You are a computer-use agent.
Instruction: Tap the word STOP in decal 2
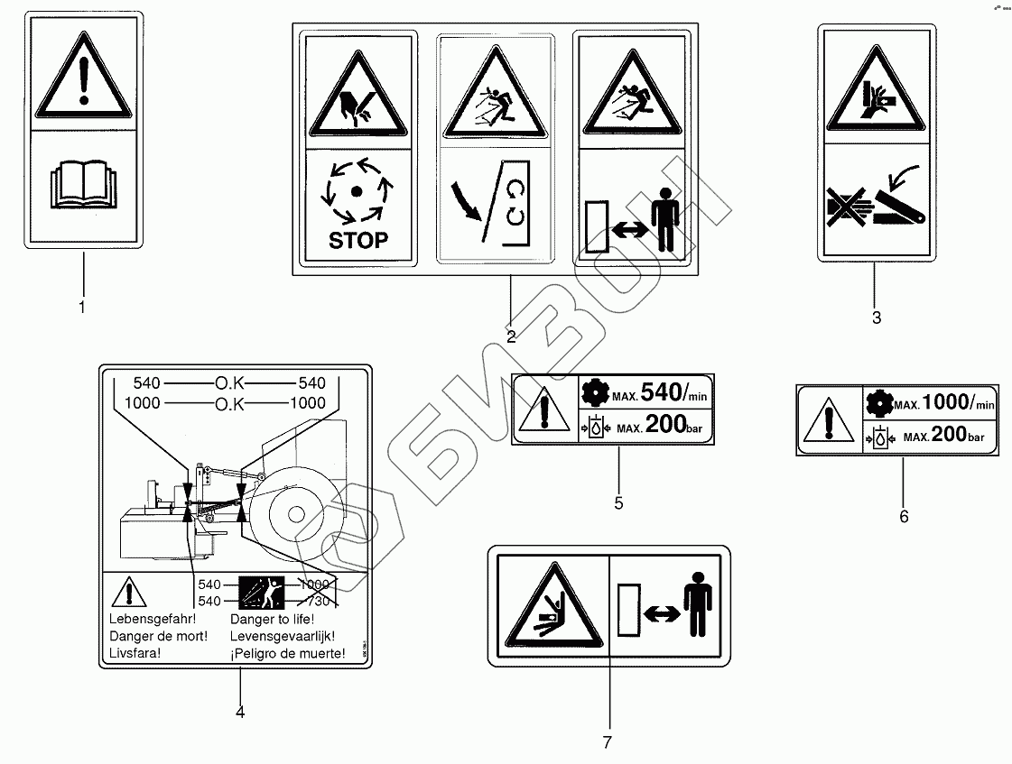coord(357,240)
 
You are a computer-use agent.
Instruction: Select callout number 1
coord(82,308)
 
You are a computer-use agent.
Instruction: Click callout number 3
coord(876,318)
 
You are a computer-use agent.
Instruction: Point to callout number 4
coord(240,712)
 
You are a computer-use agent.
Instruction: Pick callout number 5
coord(618,503)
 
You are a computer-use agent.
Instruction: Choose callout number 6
coord(904,517)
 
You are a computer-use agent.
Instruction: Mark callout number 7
coord(607,742)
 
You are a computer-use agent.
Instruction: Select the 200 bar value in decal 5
coord(669,425)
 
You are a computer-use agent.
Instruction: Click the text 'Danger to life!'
coord(272,620)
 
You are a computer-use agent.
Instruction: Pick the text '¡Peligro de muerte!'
coord(287,653)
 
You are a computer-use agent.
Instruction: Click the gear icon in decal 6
coord(876,403)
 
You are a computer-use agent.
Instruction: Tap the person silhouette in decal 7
coord(699,612)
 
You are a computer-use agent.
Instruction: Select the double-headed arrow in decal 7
coord(663,613)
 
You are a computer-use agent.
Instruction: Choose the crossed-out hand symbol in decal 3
coord(845,207)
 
